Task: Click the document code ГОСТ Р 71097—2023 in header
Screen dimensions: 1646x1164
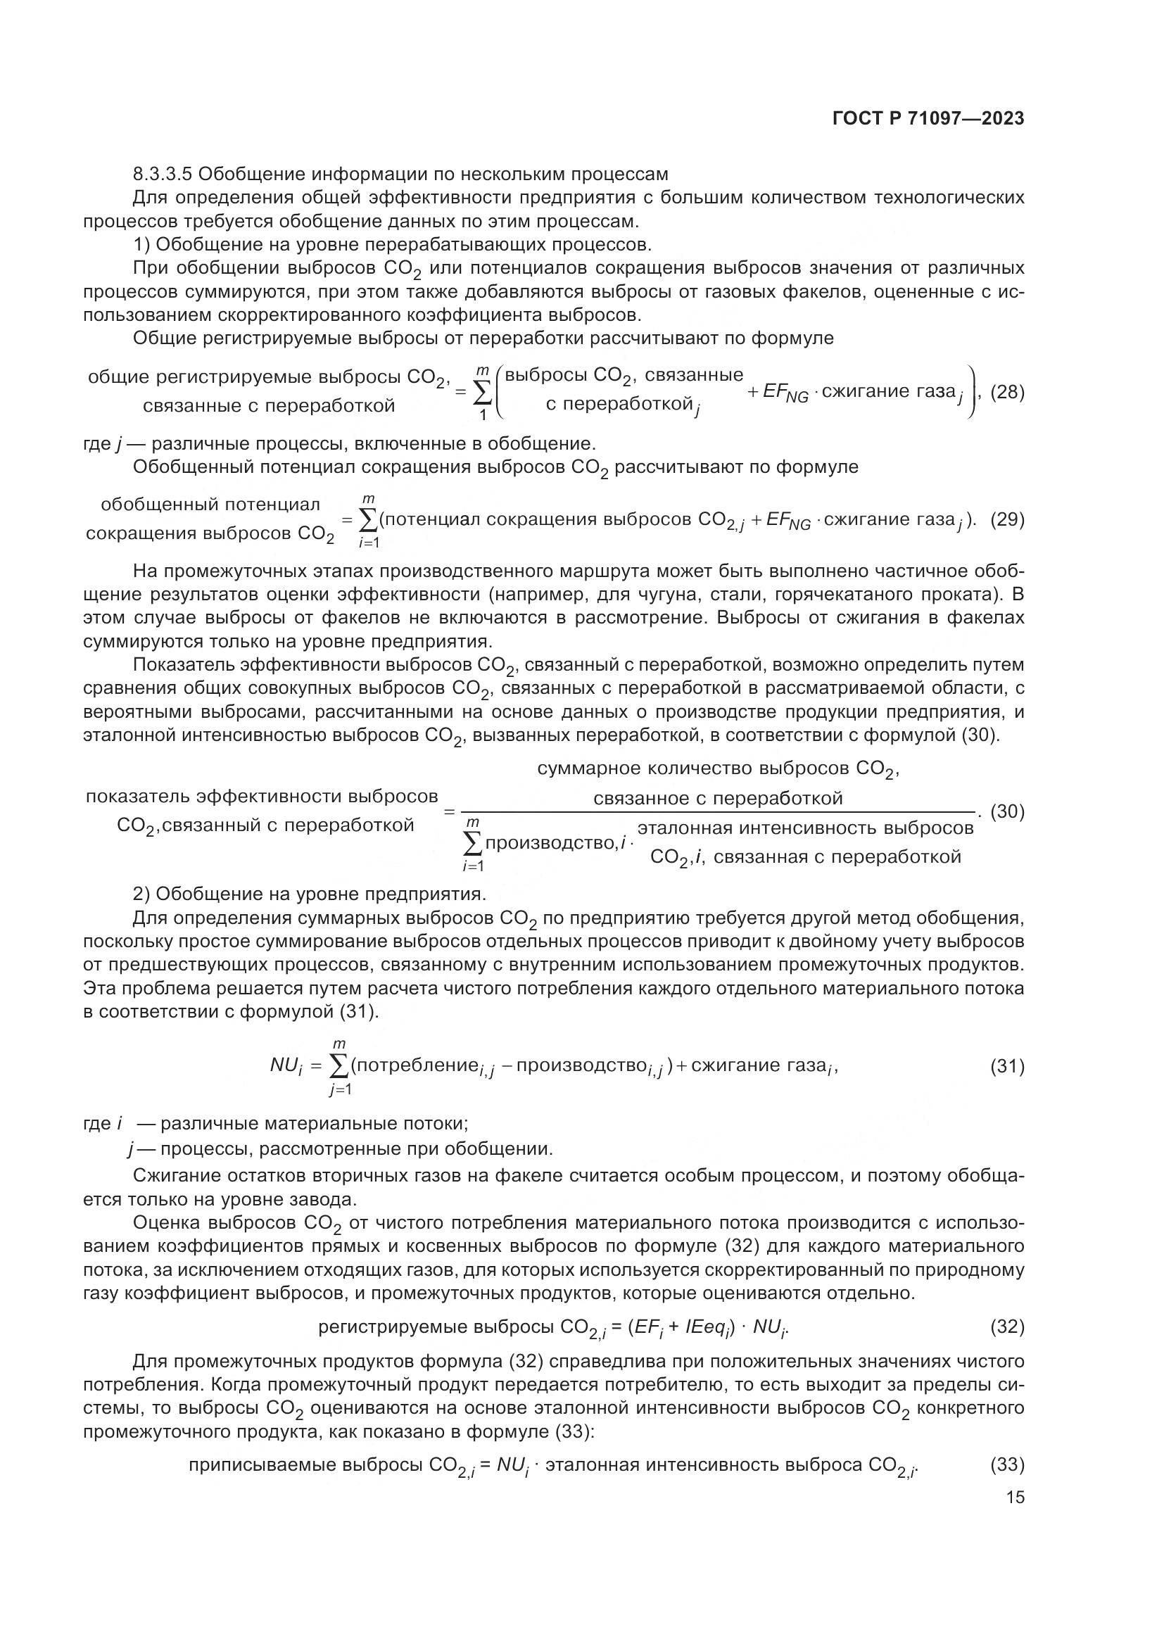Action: (928, 119)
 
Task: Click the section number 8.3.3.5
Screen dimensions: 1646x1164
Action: (163, 175)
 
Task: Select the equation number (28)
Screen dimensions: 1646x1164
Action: (1007, 392)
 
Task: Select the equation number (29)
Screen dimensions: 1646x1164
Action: (1007, 520)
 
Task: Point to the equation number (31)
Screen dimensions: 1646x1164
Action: (1007, 1067)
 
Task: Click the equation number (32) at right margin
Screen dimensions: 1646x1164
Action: (1007, 1327)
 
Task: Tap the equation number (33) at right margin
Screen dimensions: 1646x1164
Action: (1007, 1464)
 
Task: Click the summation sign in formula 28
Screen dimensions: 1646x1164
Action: (482, 392)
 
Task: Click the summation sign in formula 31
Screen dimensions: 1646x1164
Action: (339, 1067)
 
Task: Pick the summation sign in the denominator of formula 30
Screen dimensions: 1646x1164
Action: (473, 844)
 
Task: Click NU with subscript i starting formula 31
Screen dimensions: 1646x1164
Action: (286, 1066)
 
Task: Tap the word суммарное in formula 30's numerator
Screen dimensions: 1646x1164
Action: (589, 768)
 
